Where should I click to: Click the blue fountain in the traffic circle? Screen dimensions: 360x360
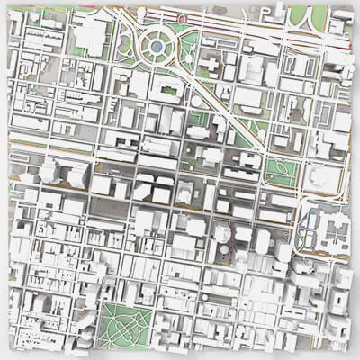click(156, 44)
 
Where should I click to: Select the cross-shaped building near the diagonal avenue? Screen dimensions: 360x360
click(209, 65)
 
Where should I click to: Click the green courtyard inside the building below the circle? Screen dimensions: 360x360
click(165, 85)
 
